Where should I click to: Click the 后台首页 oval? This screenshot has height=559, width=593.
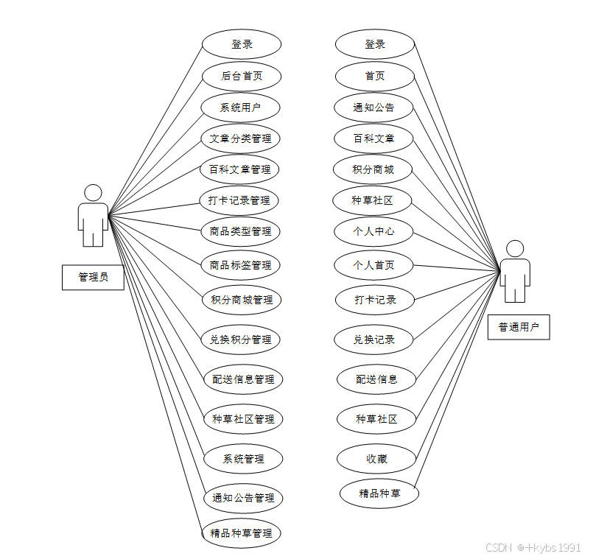pyautogui.click(x=241, y=76)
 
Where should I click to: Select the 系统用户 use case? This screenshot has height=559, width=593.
pyautogui.click(x=240, y=108)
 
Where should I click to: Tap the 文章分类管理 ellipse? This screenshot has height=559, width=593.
pyautogui.click(x=240, y=138)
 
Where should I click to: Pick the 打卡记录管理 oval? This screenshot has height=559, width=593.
pyautogui.click(x=239, y=200)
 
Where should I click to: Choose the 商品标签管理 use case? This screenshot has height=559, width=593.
pyautogui.click(x=240, y=265)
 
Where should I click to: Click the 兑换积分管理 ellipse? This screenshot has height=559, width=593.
pyautogui.click(x=241, y=340)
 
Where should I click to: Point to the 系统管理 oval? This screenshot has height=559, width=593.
pyautogui.click(x=243, y=459)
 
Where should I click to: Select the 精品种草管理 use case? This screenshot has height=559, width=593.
pyautogui.click(x=241, y=533)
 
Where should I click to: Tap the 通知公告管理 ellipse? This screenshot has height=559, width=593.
pyautogui.click(x=243, y=498)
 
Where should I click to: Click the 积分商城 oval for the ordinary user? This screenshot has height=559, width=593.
pyautogui.click(x=373, y=169)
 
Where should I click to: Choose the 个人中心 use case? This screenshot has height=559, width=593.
pyautogui.click(x=373, y=231)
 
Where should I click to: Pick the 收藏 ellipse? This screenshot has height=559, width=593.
pyautogui.click(x=376, y=459)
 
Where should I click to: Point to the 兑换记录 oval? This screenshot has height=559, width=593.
pyautogui.click(x=374, y=340)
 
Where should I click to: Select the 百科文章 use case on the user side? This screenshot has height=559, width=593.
pyautogui.click(x=373, y=138)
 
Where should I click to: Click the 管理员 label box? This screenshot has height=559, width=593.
pyautogui.click(x=93, y=277)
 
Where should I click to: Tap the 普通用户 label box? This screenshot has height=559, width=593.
pyautogui.click(x=519, y=327)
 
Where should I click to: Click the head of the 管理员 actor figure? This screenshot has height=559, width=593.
pyautogui.click(x=93, y=193)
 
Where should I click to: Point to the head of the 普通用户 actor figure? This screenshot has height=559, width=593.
pyautogui.click(x=515, y=249)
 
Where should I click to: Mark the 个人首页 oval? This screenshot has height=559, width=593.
pyautogui.click(x=373, y=265)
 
